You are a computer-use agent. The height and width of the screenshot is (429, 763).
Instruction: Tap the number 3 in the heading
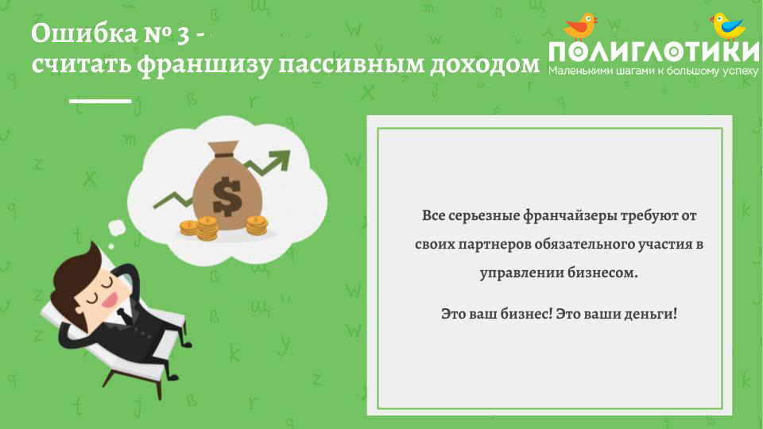(x=183, y=36)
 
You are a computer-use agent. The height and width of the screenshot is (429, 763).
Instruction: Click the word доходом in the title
(x=485, y=64)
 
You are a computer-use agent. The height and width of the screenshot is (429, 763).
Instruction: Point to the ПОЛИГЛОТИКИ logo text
(x=653, y=52)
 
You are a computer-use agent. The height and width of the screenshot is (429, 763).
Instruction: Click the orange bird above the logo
(x=581, y=26)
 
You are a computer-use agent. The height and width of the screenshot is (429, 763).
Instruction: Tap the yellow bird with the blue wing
(x=728, y=26)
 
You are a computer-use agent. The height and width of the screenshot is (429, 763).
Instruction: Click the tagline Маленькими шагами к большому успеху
(x=653, y=71)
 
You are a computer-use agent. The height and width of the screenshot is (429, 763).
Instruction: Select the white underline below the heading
(x=100, y=101)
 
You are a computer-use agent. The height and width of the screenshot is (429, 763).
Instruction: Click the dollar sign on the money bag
(x=227, y=196)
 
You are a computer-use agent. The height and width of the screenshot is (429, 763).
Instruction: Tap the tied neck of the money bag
(x=223, y=155)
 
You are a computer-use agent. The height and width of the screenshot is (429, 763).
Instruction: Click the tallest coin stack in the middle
(x=207, y=228)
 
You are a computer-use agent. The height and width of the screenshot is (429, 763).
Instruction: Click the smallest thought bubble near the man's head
(x=111, y=246)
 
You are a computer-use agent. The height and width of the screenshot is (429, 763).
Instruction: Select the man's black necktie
(x=124, y=316)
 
